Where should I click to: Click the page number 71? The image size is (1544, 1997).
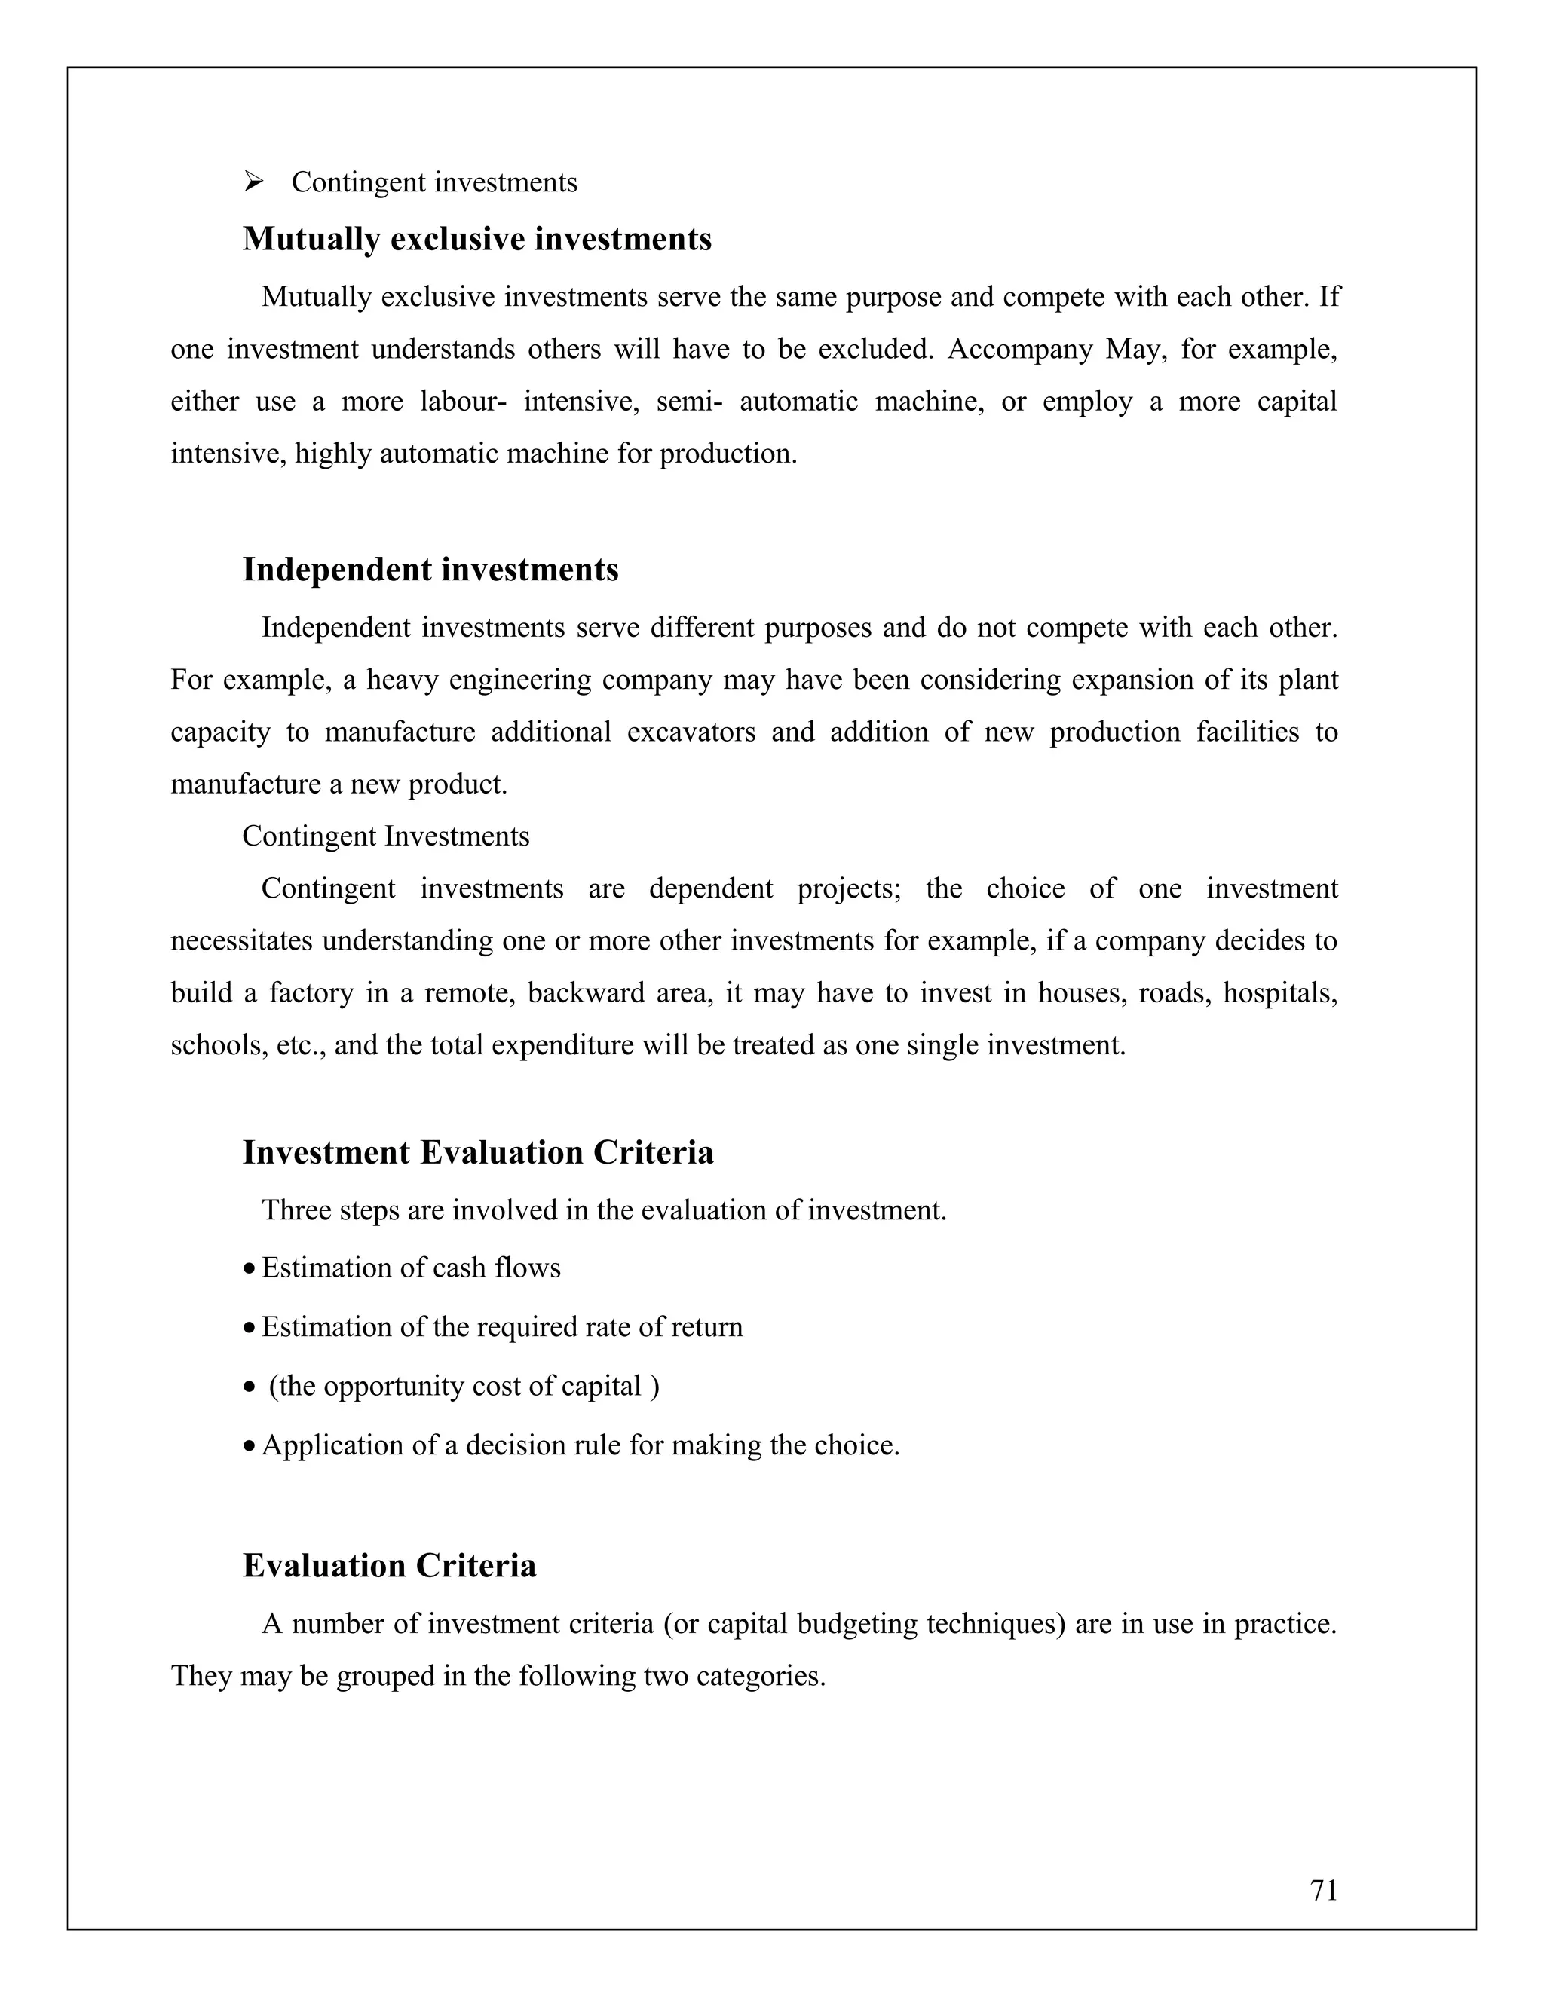[1324, 1890]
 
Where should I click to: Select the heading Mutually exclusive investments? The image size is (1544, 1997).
[476, 240]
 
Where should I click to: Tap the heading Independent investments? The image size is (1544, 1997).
[430, 570]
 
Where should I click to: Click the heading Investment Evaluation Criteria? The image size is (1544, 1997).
[477, 1152]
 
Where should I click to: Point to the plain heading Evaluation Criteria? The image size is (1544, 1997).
[389, 1567]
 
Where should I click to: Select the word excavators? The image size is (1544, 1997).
[691, 732]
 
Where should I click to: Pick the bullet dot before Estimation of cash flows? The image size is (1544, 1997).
[249, 1270]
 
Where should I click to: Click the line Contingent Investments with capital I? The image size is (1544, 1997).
[385, 836]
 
